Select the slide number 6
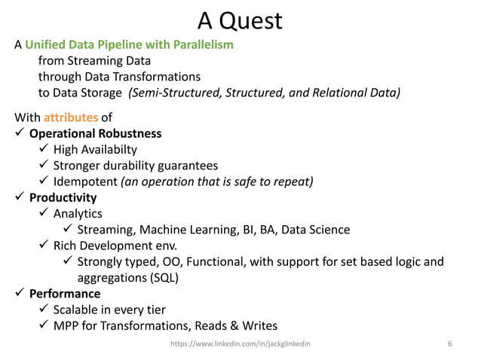tap(449, 344)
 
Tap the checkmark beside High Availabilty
tap(44, 150)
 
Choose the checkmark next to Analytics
tap(44, 214)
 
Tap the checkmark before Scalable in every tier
tap(44, 310)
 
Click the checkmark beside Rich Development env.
tap(44, 246)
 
